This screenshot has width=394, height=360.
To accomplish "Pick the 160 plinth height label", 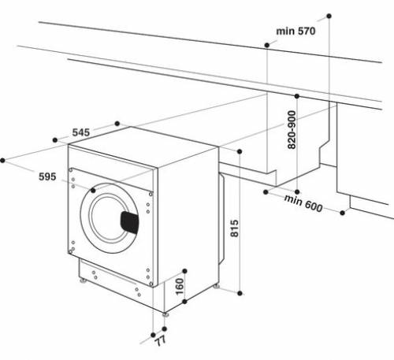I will point(179,287).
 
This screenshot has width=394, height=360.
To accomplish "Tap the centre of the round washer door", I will point(111,215).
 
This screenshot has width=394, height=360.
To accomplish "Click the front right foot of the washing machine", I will point(166,313).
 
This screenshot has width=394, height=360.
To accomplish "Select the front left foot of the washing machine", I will point(82,279).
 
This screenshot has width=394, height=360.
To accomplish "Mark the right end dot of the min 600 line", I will point(344,211).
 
